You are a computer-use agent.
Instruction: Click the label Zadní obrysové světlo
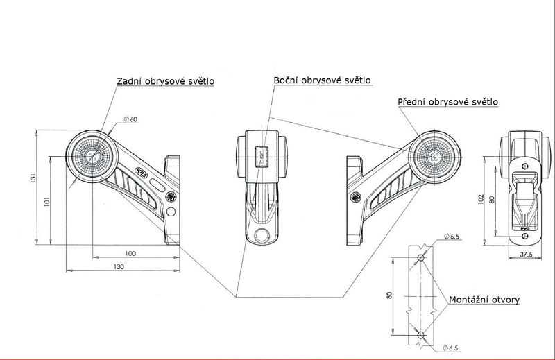pos(165,81)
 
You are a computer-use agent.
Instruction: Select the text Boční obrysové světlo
pos(322,80)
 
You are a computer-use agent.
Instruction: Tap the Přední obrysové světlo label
pos(447,102)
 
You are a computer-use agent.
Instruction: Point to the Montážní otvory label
pos(484,300)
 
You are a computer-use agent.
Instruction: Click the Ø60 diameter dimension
pos(130,119)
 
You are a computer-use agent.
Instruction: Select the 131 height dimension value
pos(33,180)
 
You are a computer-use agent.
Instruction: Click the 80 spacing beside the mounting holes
pos(390,295)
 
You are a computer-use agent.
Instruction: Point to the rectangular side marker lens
pos(262,156)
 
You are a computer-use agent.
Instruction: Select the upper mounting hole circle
pos(420,258)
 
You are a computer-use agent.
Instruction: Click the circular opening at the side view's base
pos(262,234)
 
